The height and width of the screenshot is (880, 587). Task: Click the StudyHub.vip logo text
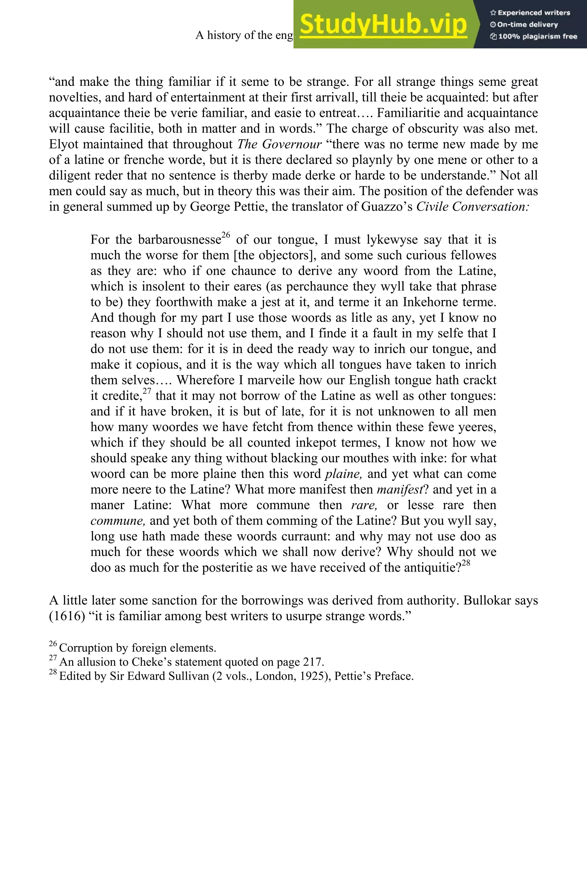[x=383, y=24]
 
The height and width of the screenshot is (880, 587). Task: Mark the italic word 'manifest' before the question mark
[x=400, y=489]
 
